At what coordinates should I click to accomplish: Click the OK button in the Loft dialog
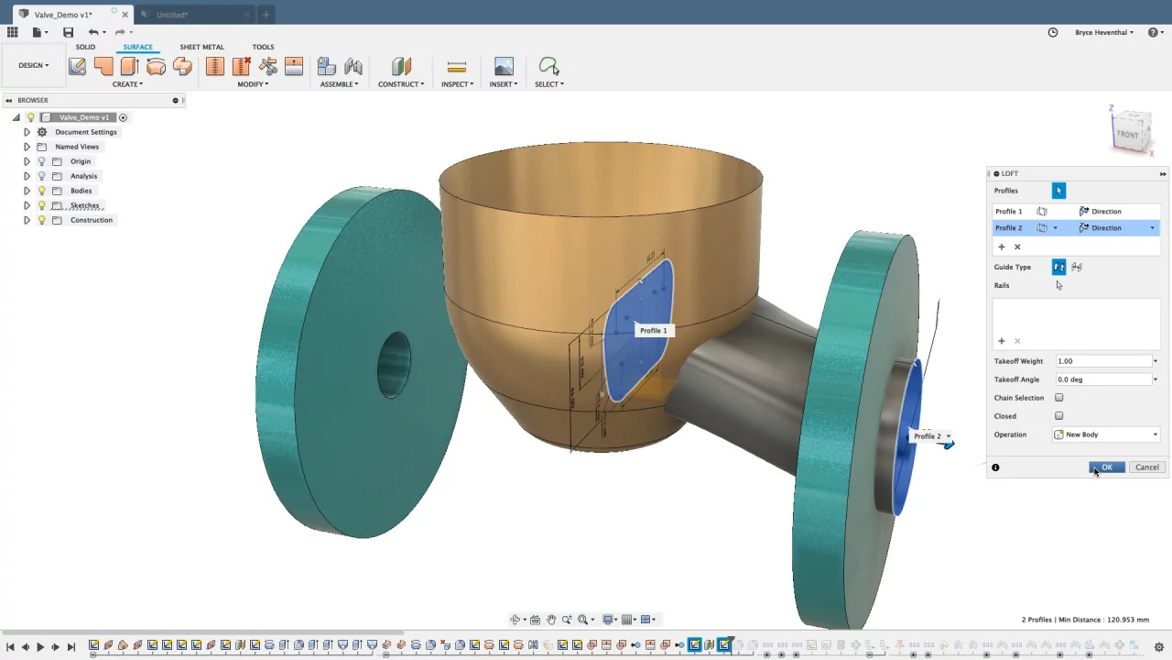tap(1106, 467)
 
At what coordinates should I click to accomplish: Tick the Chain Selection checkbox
tap(1059, 398)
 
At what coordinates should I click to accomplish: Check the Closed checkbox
tap(1059, 416)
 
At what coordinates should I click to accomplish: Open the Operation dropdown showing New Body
tap(1106, 434)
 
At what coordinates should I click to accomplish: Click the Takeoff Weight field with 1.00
tap(1102, 361)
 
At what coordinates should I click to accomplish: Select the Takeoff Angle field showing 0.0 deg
tap(1102, 379)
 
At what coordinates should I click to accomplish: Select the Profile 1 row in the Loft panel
tap(1009, 212)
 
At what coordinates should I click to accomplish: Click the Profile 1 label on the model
tap(653, 330)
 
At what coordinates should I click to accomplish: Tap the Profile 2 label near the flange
tap(928, 436)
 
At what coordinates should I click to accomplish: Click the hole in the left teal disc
tap(395, 364)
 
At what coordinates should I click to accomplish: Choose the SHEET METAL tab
tap(201, 47)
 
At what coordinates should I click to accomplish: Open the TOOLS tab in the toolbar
tap(263, 47)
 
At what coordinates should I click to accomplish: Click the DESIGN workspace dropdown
tap(34, 65)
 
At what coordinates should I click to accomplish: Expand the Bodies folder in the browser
tap(27, 191)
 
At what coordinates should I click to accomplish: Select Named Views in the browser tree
tap(77, 147)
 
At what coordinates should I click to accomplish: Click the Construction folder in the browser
tap(92, 220)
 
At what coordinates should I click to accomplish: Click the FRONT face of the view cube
tap(1128, 134)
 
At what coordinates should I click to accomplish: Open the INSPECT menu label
tap(457, 84)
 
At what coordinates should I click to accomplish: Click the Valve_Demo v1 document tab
tap(63, 15)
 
